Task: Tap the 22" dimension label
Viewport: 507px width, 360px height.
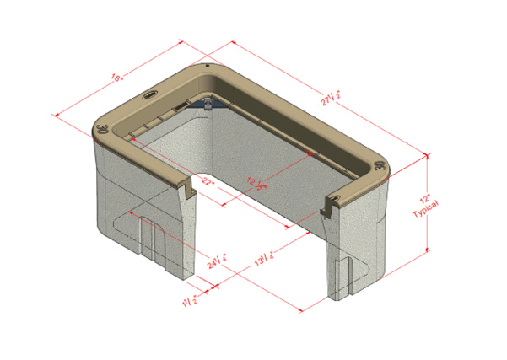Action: coord(207,181)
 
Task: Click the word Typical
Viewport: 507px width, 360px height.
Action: coord(440,212)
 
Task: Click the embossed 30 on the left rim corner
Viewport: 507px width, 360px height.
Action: coord(102,131)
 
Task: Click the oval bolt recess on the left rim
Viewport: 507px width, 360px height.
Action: coord(153,94)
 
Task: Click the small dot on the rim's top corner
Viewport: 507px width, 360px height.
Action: coord(207,65)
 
